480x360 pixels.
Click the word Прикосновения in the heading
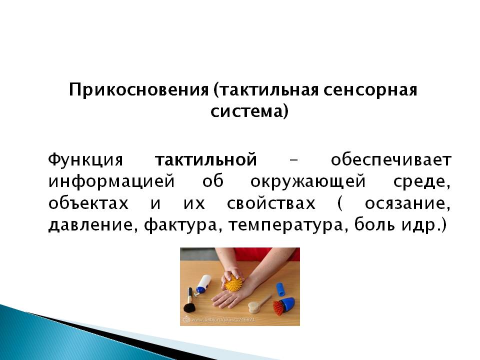click(138, 90)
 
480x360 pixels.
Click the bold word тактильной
click(206, 160)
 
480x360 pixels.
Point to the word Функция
click(85, 160)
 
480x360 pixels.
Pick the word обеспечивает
click(391, 160)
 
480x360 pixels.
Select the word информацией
click(111, 181)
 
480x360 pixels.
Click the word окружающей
click(308, 181)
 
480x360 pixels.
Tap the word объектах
click(88, 203)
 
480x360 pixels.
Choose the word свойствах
click(271, 203)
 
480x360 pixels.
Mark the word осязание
click(407, 203)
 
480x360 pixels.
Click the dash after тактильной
click(293, 160)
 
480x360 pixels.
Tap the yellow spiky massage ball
click(233, 283)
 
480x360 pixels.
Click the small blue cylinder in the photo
click(280, 289)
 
